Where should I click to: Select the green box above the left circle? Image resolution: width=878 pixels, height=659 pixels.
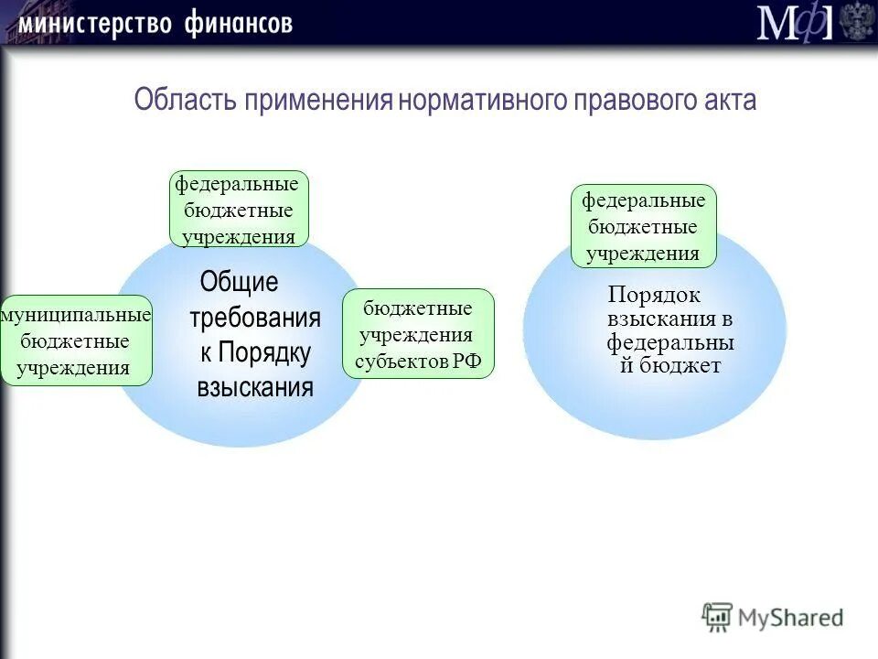point(240,209)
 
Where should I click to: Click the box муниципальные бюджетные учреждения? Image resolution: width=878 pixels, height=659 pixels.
point(76,340)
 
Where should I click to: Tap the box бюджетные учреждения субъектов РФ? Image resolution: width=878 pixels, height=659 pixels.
point(418,334)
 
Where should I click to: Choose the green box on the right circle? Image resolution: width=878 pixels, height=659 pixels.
point(644,226)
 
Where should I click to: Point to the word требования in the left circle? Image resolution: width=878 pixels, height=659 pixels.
point(255,318)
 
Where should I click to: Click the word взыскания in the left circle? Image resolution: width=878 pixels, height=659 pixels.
point(255,387)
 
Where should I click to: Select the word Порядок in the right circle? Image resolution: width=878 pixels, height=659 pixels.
point(654,295)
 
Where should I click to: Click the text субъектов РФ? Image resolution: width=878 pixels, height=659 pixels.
point(418,361)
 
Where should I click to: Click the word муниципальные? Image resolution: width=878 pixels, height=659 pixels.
point(76,316)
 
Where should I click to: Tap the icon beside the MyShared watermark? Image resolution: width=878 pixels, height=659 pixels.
point(717,617)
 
